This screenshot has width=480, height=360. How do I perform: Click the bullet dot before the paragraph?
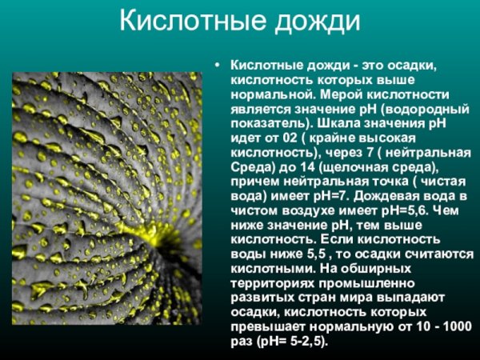tap(217, 64)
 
